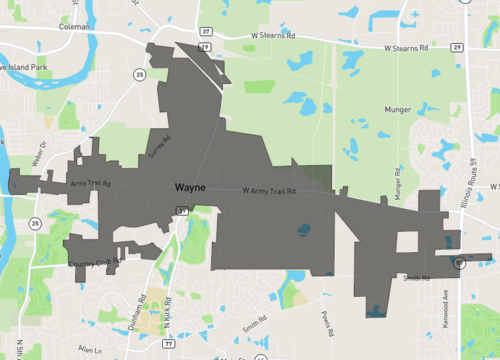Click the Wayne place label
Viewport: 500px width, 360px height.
190,187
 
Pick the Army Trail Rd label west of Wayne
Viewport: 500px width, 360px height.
91,184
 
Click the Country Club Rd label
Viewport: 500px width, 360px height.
95,263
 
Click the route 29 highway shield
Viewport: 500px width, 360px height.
456,47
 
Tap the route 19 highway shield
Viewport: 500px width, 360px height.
204,46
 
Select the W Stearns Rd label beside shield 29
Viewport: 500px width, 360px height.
405,47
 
